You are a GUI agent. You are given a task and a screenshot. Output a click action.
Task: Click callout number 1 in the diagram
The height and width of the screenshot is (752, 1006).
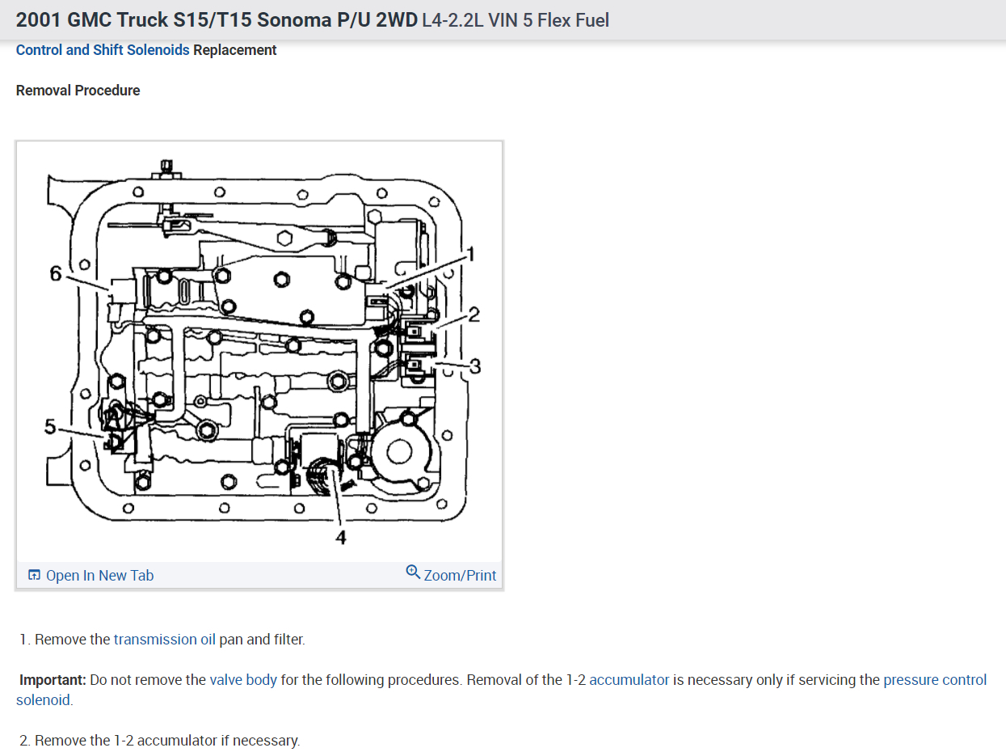471,256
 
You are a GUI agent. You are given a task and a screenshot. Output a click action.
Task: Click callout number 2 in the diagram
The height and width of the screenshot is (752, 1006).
474,315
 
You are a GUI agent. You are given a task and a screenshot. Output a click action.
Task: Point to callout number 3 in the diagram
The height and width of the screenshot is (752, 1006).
475,367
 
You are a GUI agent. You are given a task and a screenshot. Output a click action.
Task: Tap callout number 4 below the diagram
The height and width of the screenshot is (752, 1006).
341,537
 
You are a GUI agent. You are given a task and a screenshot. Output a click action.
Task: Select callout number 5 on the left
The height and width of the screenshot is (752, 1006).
50,427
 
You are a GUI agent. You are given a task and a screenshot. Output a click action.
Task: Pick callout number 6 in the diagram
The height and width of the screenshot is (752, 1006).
55,273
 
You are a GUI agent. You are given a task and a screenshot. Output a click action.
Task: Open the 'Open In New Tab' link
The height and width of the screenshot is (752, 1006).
99,576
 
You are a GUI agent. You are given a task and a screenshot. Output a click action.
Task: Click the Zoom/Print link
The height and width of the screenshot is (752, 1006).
460,576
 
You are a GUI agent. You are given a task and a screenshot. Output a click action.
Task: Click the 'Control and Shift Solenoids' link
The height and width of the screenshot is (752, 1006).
103,50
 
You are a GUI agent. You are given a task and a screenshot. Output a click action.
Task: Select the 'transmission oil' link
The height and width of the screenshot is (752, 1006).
164,640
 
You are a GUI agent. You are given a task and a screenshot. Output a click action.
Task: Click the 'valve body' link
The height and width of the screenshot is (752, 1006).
243,680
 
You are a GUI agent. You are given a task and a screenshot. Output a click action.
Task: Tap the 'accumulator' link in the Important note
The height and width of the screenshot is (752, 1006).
629,680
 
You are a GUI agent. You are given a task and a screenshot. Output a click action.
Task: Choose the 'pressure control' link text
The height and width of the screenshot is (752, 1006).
934,680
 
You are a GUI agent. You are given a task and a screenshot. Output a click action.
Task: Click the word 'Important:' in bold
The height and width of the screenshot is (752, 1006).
53,680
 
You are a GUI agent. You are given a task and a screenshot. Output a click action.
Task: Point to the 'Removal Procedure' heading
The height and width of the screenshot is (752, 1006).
78,91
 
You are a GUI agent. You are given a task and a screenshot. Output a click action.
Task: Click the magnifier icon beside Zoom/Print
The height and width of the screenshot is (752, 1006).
413,572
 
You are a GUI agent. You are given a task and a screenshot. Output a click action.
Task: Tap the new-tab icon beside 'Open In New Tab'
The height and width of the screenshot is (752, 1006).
34,576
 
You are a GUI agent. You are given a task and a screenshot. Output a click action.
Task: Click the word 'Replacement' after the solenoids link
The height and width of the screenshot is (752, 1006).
235,50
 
